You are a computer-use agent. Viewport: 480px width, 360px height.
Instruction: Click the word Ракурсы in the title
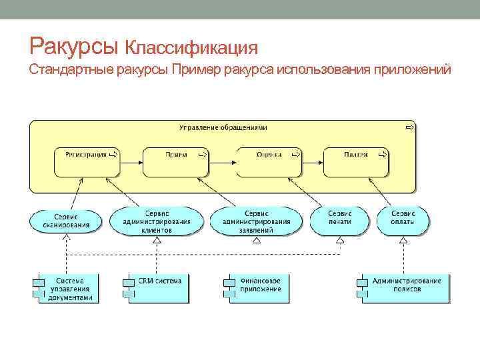(74, 45)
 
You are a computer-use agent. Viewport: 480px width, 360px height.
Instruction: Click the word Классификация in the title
(192, 48)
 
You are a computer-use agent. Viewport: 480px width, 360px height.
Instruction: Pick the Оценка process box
(269, 161)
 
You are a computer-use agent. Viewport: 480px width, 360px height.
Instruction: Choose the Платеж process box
(356, 161)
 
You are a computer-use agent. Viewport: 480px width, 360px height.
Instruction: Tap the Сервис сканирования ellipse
(66, 221)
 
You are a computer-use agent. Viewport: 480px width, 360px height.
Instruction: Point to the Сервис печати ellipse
(339, 221)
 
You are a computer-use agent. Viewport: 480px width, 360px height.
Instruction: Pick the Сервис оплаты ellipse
(403, 221)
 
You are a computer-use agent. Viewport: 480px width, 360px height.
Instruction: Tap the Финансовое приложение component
(255, 288)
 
